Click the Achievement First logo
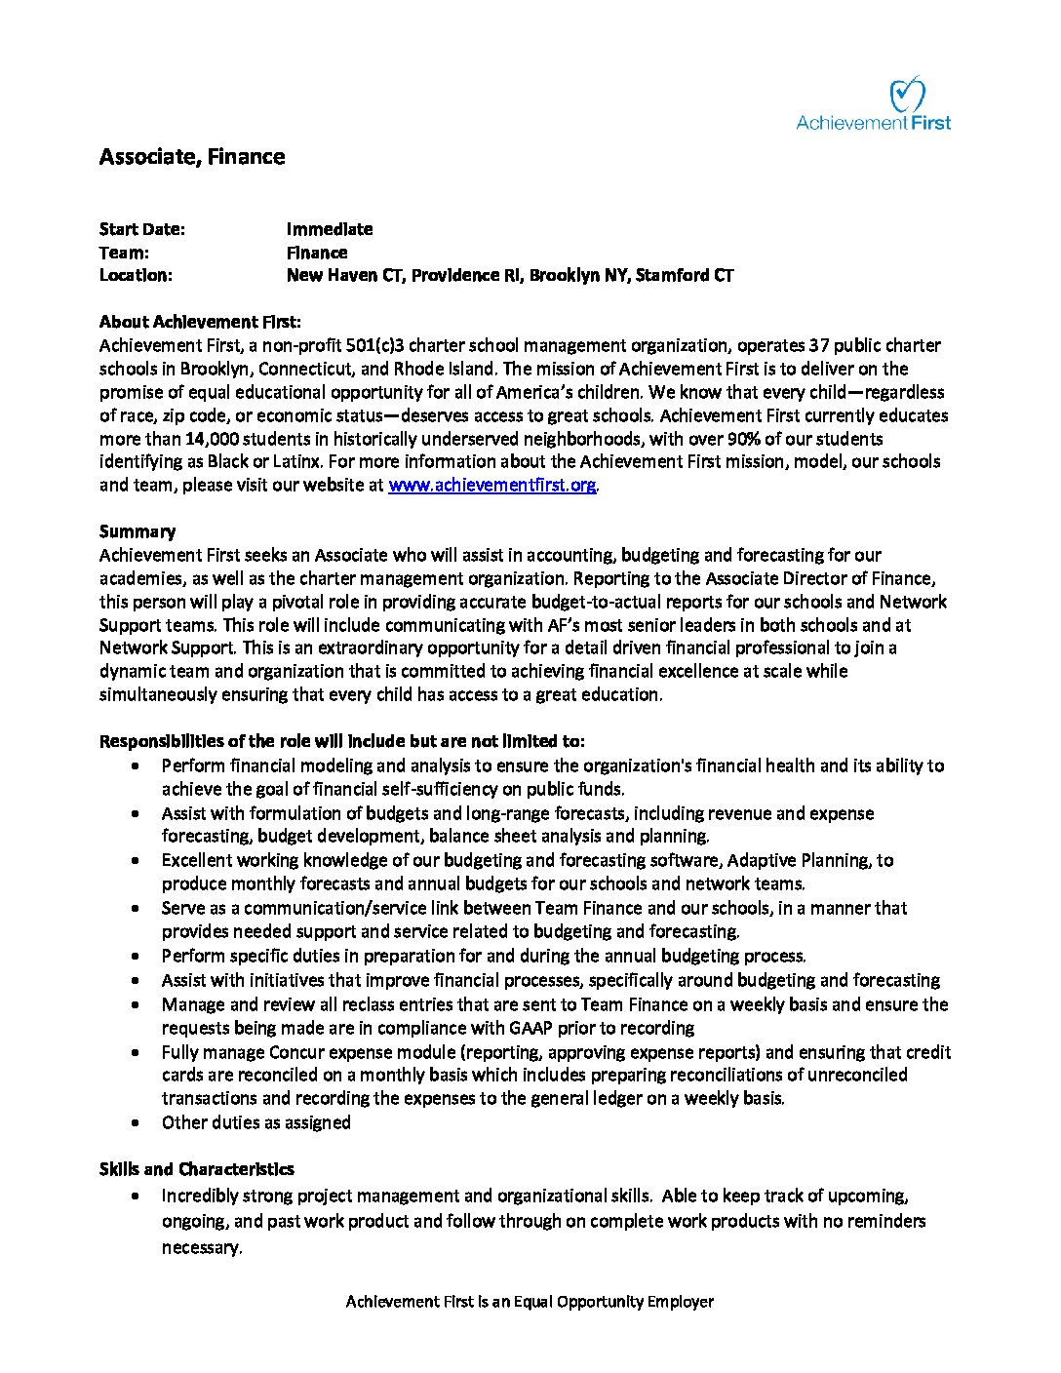pos(873,105)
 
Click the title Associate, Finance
pos(192,157)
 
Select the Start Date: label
pos(141,229)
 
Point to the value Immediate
pos(330,229)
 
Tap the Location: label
pos(136,275)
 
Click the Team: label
pos(124,253)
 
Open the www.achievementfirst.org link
pos(491,485)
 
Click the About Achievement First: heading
pos(200,322)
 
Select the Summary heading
pos(138,531)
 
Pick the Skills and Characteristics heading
pos(196,1169)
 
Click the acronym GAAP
pos(533,1028)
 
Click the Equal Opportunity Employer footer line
pos(530,1302)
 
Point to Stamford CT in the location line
pos(685,275)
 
